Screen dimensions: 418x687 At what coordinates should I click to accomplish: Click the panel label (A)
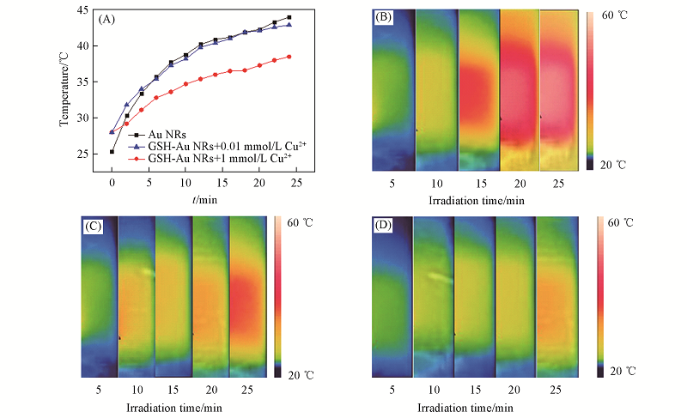click(x=108, y=18)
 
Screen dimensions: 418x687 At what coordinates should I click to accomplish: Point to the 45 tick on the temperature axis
click(x=83, y=10)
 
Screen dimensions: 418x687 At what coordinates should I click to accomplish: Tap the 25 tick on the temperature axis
click(x=83, y=154)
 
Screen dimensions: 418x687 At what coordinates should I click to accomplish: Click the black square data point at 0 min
click(x=112, y=152)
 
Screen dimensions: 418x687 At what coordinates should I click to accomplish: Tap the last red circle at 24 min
click(x=289, y=57)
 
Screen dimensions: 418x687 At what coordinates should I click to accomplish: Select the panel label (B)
click(x=383, y=18)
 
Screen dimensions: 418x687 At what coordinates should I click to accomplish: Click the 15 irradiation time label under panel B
click(x=478, y=185)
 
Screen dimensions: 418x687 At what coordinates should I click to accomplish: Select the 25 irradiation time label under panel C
click(x=248, y=391)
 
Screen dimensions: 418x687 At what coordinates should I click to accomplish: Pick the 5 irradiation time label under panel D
click(x=392, y=391)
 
